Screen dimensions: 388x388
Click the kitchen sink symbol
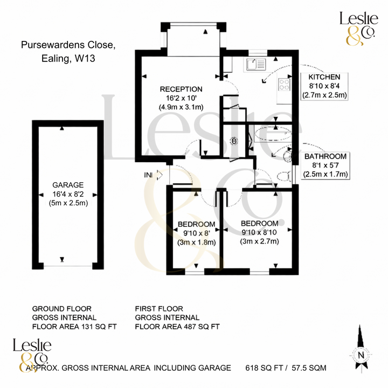click(x=255, y=65)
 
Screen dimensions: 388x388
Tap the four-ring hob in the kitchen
click(x=283, y=84)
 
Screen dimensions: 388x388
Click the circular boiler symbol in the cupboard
click(x=234, y=141)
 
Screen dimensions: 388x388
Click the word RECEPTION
click(x=181, y=89)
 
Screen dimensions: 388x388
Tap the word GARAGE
click(x=65, y=184)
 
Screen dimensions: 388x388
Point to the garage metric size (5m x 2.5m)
click(x=65, y=203)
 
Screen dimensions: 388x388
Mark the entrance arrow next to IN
click(x=159, y=175)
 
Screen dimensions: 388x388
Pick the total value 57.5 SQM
click(x=307, y=368)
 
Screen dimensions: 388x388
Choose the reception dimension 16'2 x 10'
click(x=181, y=99)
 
